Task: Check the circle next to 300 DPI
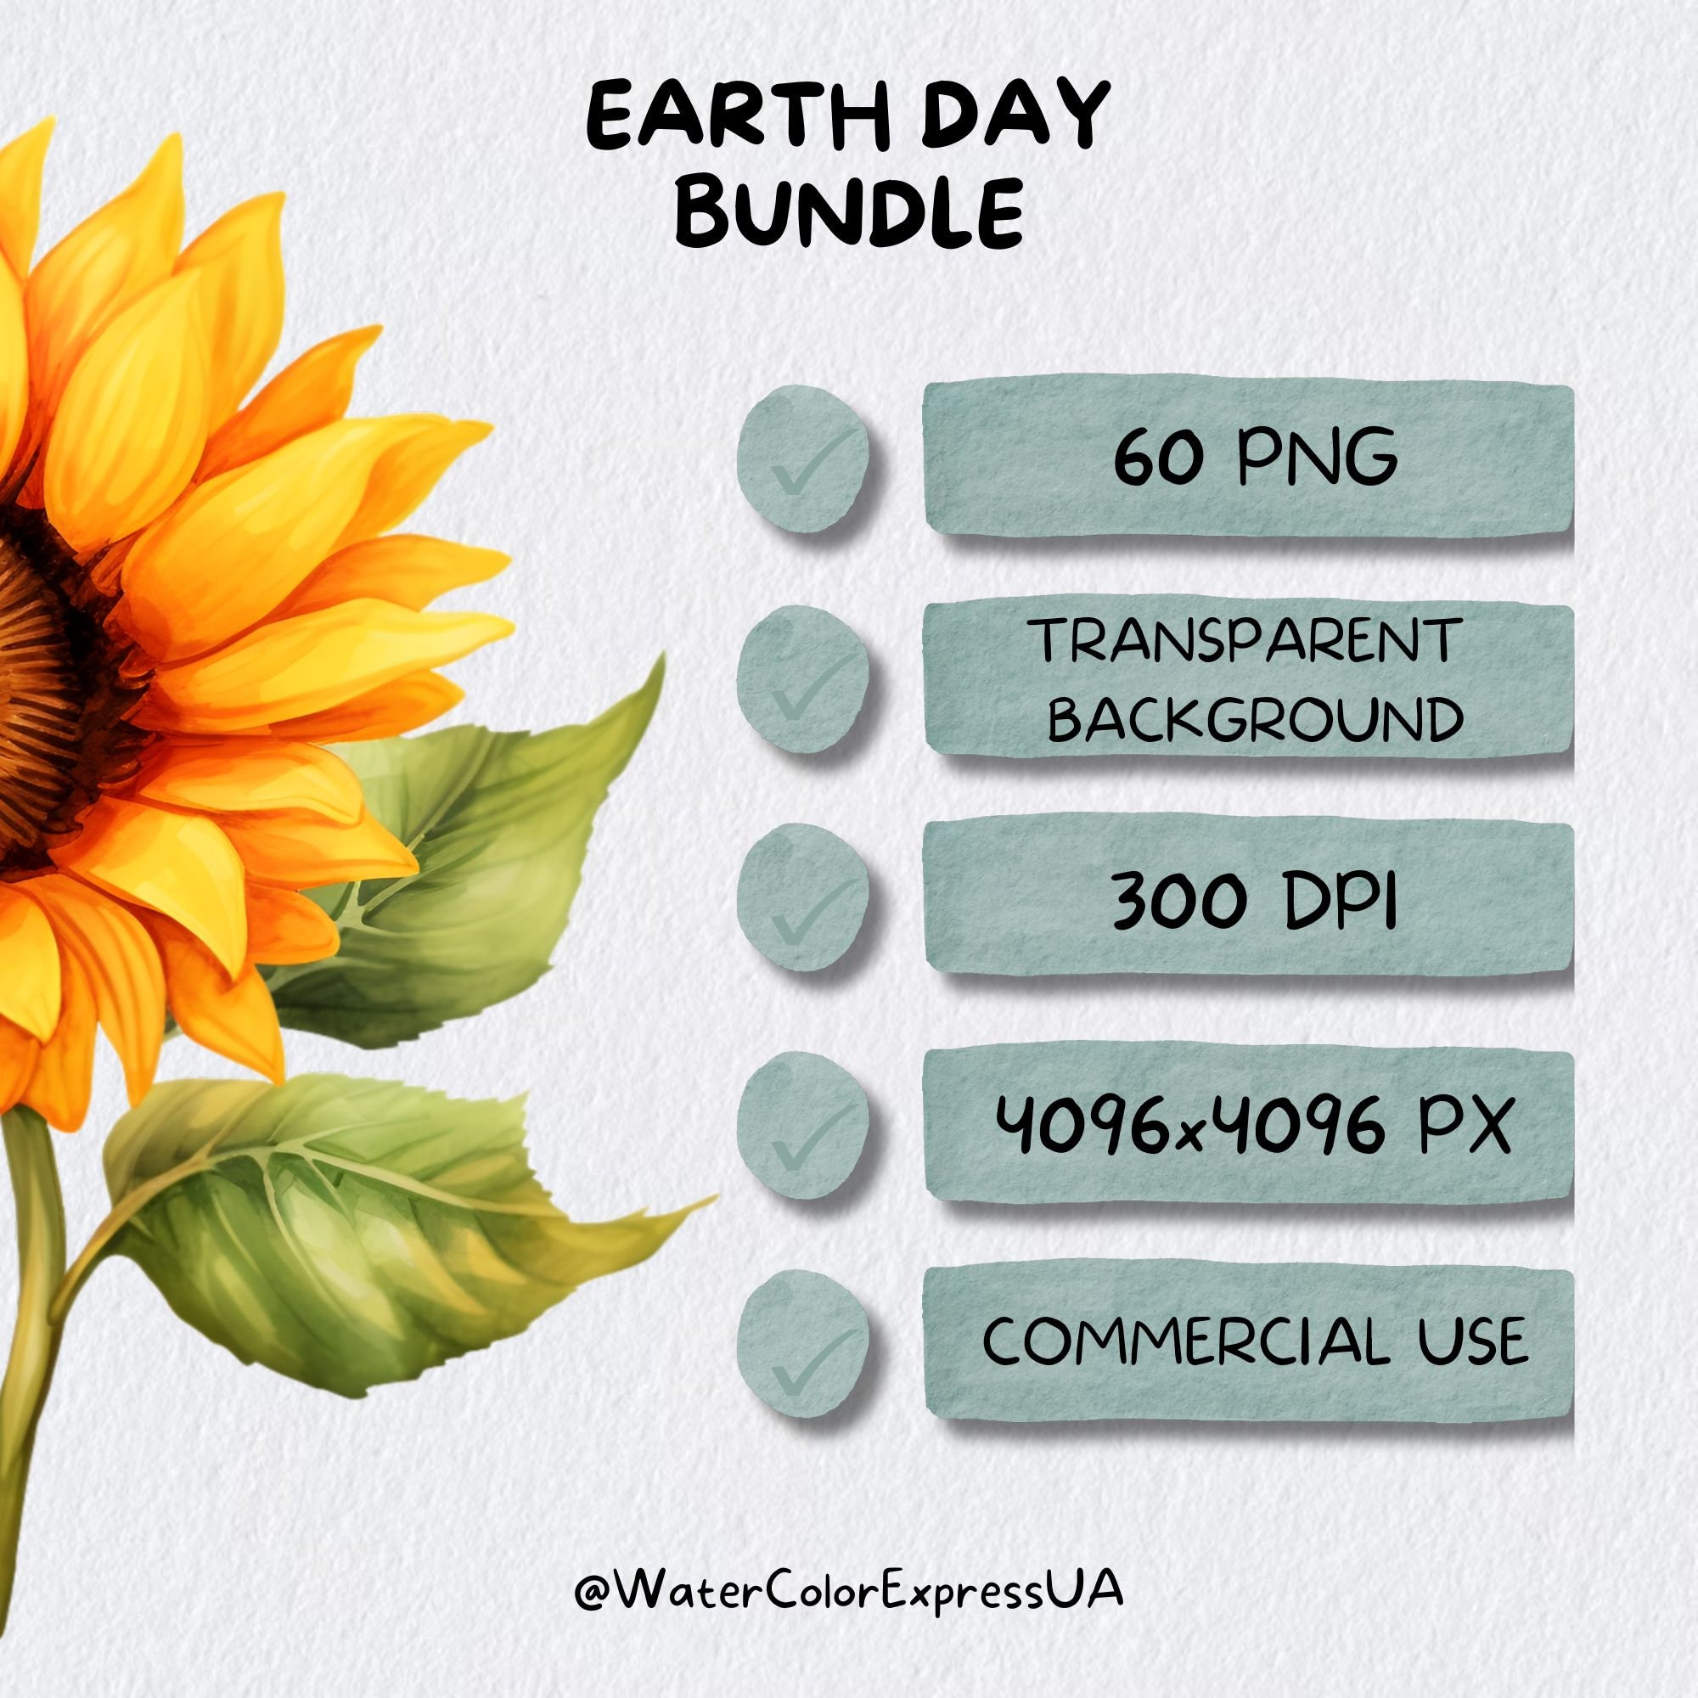pyautogui.click(x=802, y=902)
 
